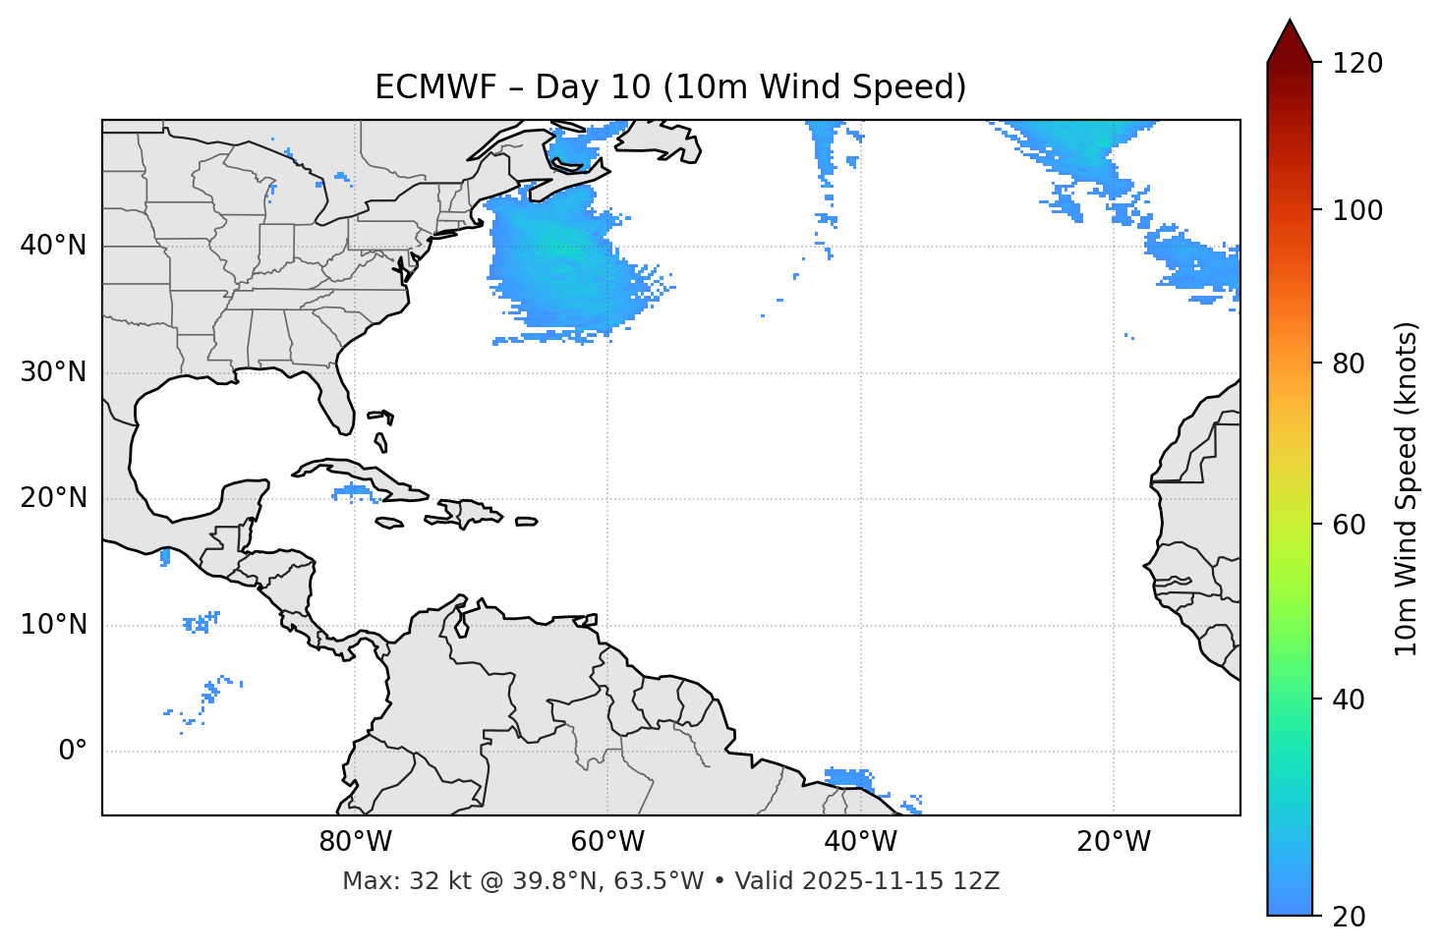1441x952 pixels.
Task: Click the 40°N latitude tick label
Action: [53, 246]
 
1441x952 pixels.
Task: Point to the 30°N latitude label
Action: [53, 372]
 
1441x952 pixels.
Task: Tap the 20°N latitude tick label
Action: [53, 498]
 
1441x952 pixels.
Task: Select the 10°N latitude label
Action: [53, 625]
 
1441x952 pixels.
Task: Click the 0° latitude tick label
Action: [73, 752]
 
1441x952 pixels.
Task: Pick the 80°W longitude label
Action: [355, 842]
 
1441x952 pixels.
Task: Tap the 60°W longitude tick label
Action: [607, 842]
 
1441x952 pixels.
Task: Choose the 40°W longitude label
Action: [860, 842]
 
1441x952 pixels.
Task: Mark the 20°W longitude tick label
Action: [1113, 842]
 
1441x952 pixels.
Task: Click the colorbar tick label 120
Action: [1356, 64]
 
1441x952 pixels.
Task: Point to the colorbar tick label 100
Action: [1356, 210]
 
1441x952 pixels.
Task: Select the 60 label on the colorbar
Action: [1349, 525]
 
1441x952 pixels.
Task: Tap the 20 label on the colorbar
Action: [1349, 917]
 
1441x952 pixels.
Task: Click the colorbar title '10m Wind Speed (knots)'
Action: [1407, 488]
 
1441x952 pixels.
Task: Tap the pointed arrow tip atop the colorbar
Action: [1290, 24]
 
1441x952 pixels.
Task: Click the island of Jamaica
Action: [390, 523]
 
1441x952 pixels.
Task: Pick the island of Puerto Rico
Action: [527, 522]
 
